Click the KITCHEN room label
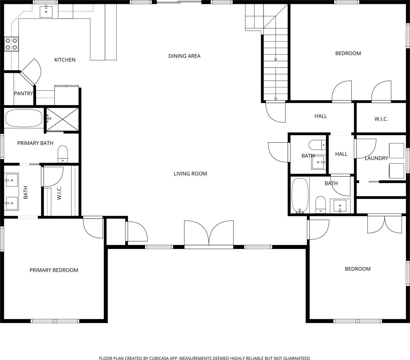click(65, 60)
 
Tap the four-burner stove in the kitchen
click(11, 44)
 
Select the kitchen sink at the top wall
click(46, 11)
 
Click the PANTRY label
click(23, 94)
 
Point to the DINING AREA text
click(184, 56)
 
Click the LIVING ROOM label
click(190, 173)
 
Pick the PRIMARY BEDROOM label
click(54, 270)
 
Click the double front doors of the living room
click(209, 234)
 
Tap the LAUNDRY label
click(376, 158)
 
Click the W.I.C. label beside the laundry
click(381, 119)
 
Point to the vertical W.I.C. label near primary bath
click(59, 193)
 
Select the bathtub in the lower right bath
click(300, 196)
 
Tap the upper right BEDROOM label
click(348, 53)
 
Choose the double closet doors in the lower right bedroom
click(385, 224)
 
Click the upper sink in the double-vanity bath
click(12, 180)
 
